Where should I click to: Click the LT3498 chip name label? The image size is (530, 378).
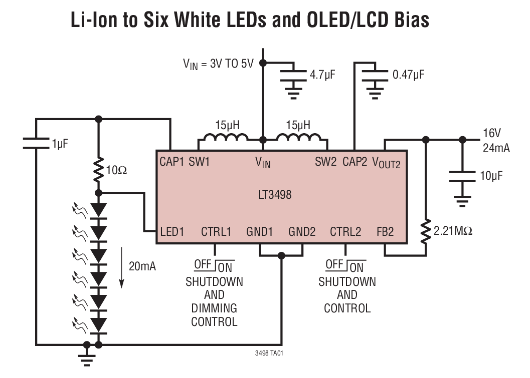(271, 195)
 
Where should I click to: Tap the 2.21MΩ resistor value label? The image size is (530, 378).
(453, 231)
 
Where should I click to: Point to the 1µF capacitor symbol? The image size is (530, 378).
(36, 144)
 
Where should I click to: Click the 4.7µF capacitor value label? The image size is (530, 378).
(322, 75)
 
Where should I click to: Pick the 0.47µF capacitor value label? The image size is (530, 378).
(408, 75)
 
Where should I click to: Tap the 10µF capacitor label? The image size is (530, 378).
(490, 176)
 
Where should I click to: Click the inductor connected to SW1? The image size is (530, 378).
(224, 139)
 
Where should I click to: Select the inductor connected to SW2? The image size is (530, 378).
(299, 139)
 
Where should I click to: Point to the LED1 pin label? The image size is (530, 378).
(172, 232)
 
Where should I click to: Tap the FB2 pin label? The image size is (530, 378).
(385, 232)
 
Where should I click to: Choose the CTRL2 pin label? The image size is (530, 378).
(345, 232)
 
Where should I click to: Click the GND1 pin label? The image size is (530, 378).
(260, 232)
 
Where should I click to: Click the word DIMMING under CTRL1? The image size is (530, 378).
(214, 308)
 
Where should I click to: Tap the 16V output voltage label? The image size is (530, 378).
(492, 134)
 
